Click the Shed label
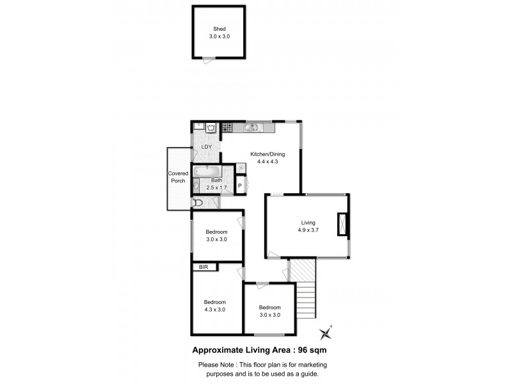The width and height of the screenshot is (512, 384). tap(219, 29)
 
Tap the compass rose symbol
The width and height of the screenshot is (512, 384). tap(327, 332)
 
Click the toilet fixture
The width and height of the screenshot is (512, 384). tap(198, 203)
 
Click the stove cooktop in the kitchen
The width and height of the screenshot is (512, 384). tap(227, 128)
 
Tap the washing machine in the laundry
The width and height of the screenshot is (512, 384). tap(211, 128)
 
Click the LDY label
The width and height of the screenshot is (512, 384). tap(206, 147)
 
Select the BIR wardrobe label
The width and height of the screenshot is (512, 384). tap(204, 267)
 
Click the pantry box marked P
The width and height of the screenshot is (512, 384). tap(239, 186)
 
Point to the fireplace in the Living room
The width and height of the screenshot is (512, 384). tap(342, 225)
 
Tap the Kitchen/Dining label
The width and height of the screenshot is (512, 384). tap(268, 154)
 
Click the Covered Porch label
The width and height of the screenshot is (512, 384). tap(177, 177)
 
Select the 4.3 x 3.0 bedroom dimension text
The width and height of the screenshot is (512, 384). tap(215, 310)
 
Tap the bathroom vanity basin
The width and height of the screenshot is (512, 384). tap(196, 186)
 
